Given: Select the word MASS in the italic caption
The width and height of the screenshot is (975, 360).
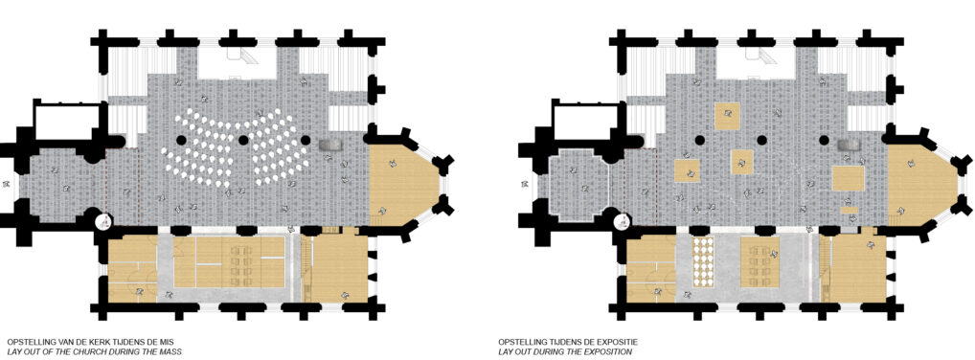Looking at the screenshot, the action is pos(170,352).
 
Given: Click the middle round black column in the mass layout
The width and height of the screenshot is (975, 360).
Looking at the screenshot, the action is pos(243,140).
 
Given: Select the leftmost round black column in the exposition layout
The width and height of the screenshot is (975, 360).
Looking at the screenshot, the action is pos(699,140).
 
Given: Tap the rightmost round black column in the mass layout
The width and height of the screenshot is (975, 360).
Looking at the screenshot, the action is pos(306,140).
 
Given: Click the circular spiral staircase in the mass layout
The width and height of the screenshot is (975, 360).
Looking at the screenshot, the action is pos(104,220).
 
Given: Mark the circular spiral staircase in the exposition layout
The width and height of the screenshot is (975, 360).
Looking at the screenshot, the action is pos(623,220).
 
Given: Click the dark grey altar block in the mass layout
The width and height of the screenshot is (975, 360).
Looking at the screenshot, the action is pos(330,145).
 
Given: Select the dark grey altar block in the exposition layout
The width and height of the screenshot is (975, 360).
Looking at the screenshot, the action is pos(849,145).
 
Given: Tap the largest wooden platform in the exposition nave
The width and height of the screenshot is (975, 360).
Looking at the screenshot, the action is pos(849,179).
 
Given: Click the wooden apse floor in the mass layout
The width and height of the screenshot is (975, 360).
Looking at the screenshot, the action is pos(398,185).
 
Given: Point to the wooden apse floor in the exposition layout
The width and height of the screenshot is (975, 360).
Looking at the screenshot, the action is pos(917,185).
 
